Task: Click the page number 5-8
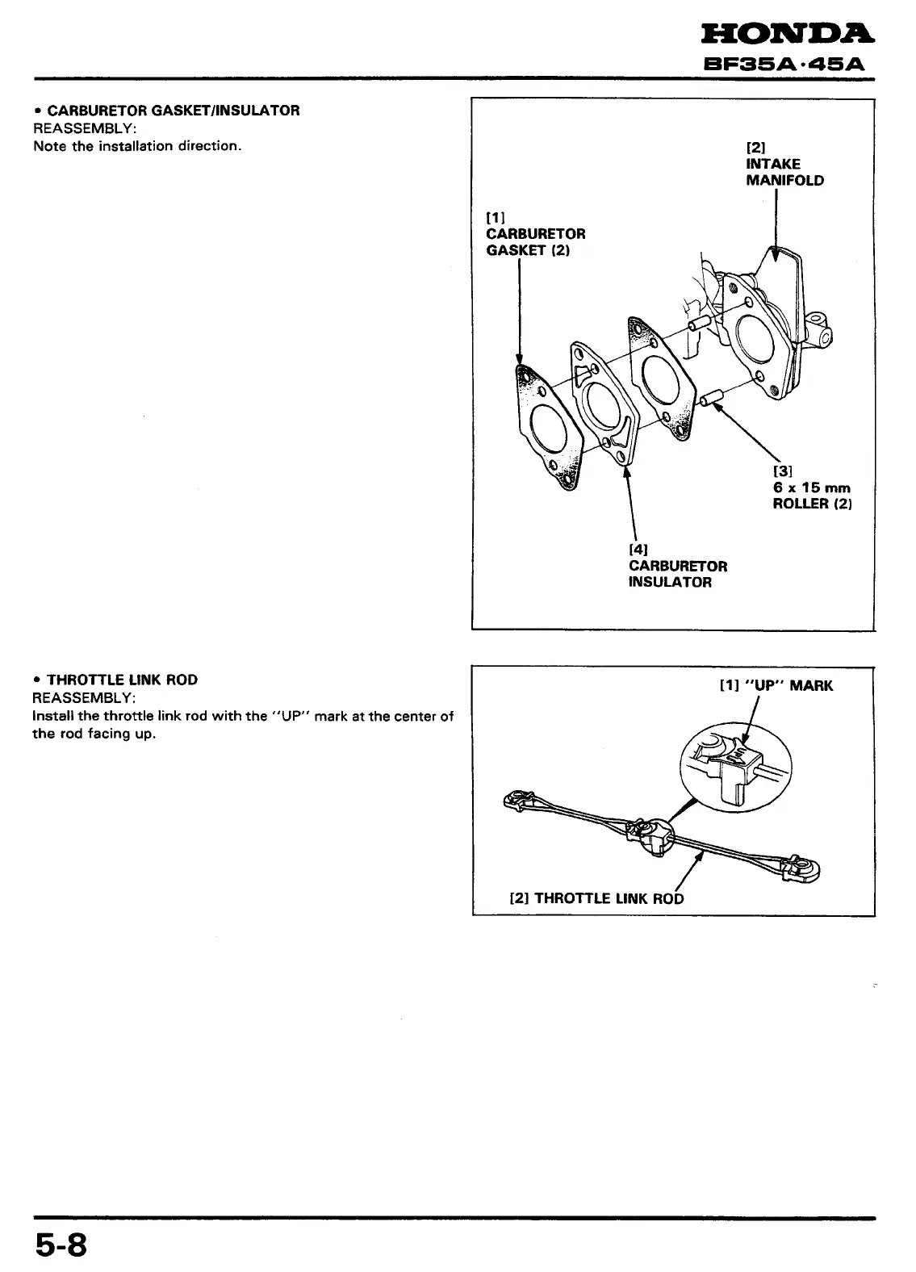(59, 1245)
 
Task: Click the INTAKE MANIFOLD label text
(784, 172)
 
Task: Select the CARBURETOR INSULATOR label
(677, 574)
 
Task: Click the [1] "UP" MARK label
(776, 686)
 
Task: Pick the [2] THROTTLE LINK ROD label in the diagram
(596, 898)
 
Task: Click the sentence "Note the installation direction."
(137, 147)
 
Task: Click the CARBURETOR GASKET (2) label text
(535, 242)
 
